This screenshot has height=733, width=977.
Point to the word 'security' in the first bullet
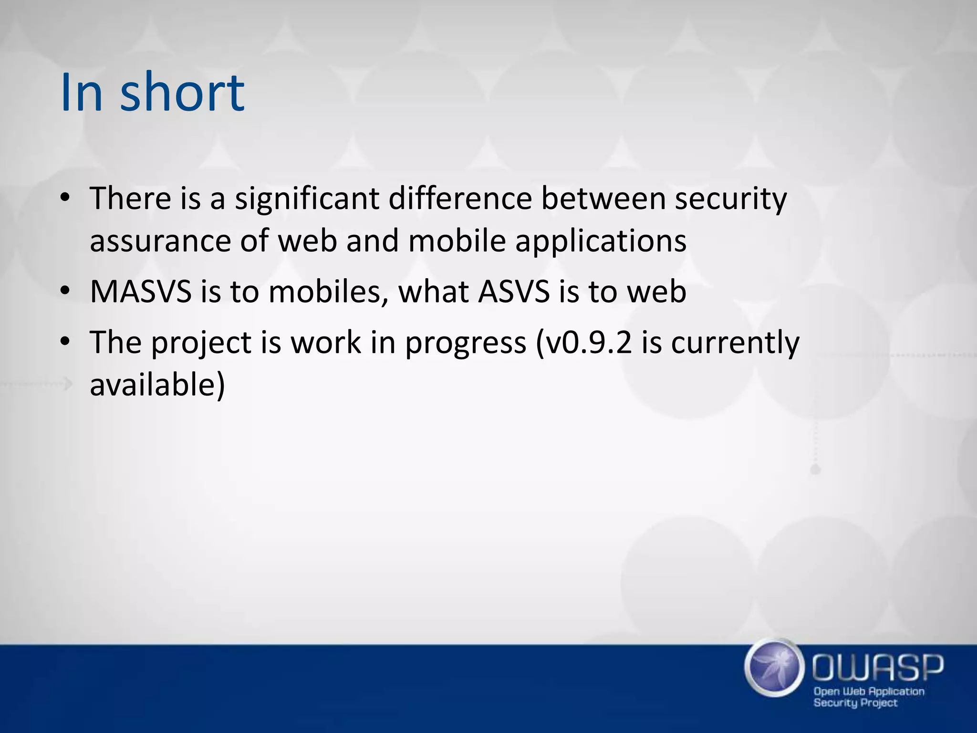tap(730, 199)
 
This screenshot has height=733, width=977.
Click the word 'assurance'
tap(160, 241)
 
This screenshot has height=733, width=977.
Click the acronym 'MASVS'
tap(140, 291)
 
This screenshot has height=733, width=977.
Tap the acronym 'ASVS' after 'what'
tap(514, 291)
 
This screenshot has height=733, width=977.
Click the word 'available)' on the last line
tap(157, 385)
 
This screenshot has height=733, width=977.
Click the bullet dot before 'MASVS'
tap(65, 291)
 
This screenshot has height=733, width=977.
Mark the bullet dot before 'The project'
tap(65, 342)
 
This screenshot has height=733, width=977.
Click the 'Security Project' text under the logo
tap(855, 703)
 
